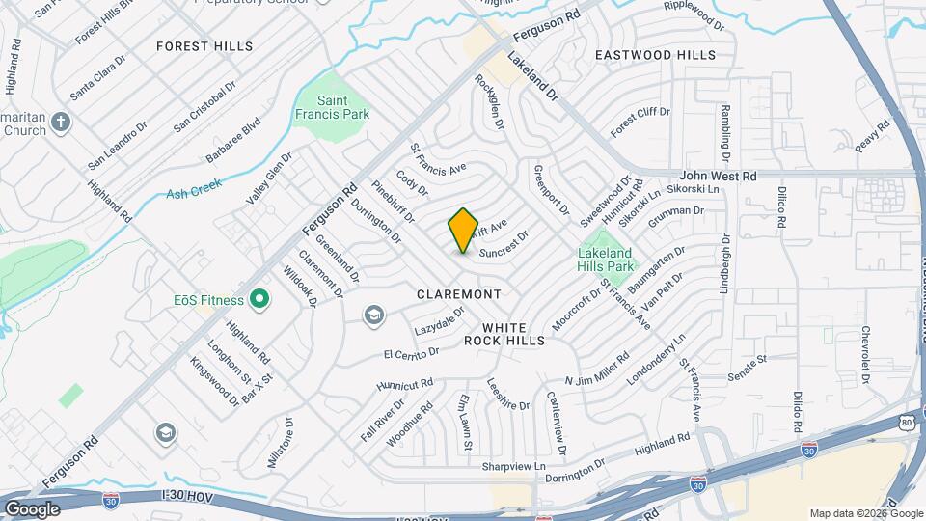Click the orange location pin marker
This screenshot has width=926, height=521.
coord(463,231)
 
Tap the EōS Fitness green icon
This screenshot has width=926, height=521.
coord(259,300)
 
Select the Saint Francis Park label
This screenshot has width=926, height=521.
coord(344,107)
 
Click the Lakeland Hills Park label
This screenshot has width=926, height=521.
coord(605,260)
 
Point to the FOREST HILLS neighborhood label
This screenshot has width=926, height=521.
coord(204,46)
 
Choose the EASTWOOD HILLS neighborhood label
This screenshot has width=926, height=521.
coord(655,56)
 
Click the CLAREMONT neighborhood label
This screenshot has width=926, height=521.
coord(459,293)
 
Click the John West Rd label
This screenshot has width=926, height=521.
coord(719,176)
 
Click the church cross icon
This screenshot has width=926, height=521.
coord(60,122)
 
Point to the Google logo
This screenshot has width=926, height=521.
coord(32,509)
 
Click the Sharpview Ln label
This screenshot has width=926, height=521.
coord(513,466)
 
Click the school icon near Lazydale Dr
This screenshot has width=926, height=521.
coord(373,315)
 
